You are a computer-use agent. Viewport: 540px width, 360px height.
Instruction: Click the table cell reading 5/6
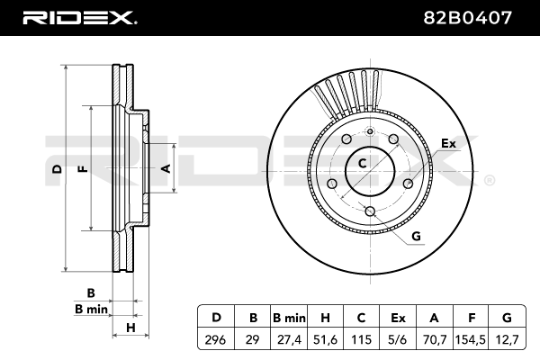tap(397, 339)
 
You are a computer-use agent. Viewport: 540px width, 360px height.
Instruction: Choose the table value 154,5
tap(472, 339)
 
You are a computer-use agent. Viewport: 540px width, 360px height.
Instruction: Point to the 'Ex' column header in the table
tap(397, 317)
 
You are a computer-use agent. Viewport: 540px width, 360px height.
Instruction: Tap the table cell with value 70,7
tap(435, 339)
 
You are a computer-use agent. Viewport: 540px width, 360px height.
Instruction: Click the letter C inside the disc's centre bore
tap(363, 163)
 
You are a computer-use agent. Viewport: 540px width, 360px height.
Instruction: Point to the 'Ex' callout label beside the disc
tap(448, 142)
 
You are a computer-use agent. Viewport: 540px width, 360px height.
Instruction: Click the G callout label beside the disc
tap(416, 238)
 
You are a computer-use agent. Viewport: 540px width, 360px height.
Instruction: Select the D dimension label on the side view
tap(56, 169)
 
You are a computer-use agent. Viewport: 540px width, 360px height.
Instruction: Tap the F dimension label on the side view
tap(82, 169)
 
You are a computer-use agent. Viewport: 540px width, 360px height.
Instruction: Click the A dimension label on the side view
tap(165, 168)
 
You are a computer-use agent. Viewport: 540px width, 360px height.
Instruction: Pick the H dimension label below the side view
tap(130, 328)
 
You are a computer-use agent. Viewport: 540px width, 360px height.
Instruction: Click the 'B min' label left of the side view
tap(91, 309)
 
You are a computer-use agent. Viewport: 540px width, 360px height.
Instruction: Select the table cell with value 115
tap(361, 339)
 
